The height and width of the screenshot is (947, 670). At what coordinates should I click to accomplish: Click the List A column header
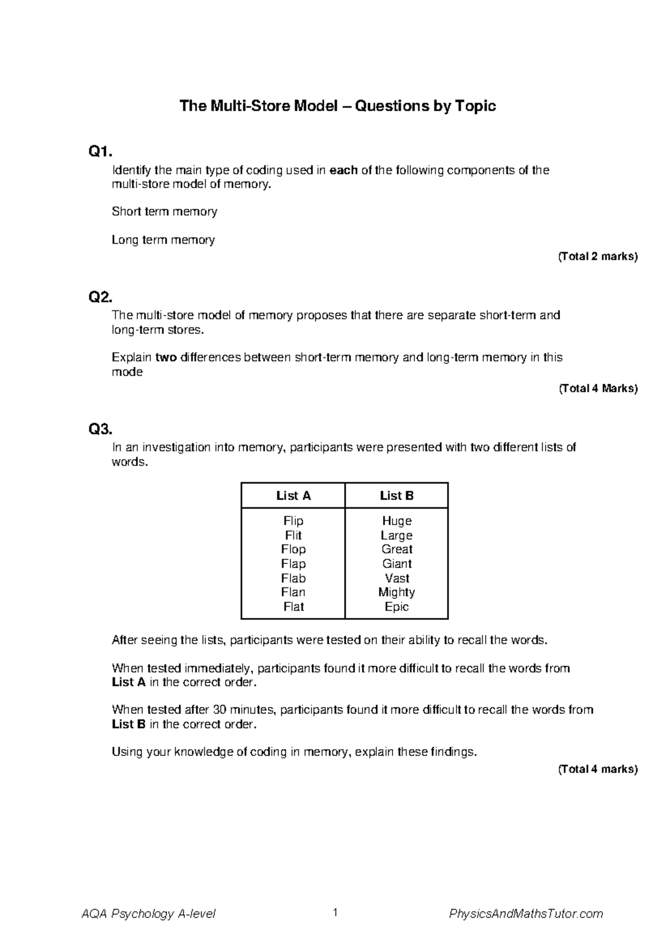tap(293, 496)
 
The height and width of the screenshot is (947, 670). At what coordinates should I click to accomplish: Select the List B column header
tap(396, 496)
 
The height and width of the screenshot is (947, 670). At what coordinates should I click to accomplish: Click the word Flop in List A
tap(293, 549)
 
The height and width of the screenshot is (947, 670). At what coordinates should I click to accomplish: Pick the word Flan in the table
tap(293, 592)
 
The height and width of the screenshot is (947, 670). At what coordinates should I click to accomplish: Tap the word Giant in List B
tap(396, 564)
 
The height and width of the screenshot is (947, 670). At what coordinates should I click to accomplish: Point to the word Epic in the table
tap(396, 607)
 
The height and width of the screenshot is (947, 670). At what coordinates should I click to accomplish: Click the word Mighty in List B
tap(396, 592)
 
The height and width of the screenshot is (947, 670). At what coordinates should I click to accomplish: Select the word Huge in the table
tap(396, 521)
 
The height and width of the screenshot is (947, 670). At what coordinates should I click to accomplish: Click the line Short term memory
tap(164, 212)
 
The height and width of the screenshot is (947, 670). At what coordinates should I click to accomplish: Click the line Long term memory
tap(163, 240)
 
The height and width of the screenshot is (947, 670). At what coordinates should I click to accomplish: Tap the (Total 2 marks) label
tap(597, 257)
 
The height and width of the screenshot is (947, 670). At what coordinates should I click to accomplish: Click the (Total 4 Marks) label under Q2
tap(597, 389)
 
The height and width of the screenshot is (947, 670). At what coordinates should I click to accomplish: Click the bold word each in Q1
tap(343, 170)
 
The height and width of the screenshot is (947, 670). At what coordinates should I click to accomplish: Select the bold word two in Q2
tap(166, 357)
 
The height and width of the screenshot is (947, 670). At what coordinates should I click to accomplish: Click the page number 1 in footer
tap(335, 913)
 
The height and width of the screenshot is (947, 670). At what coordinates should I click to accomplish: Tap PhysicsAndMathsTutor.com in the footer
tap(526, 914)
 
